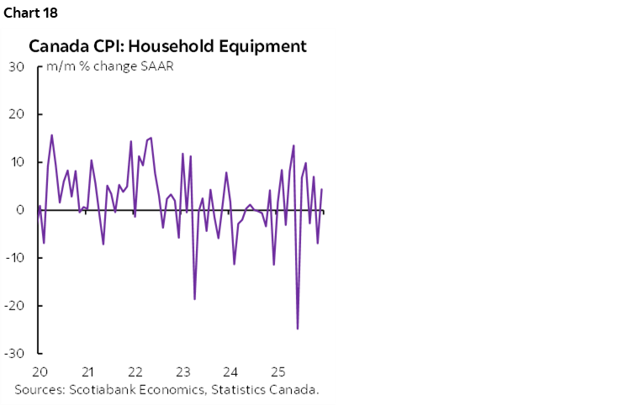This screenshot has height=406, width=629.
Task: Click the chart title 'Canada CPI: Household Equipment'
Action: click(x=167, y=46)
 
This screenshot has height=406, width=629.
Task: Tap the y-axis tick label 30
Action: click(x=16, y=66)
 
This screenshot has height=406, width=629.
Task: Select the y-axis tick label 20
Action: click(x=16, y=114)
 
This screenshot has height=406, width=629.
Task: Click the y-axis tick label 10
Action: click(x=17, y=162)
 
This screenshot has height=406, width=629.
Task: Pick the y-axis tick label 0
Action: click(x=20, y=210)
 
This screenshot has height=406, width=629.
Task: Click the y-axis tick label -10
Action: click(x=14, y=258)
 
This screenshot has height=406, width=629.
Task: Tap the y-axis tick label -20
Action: click(x=14, y=306)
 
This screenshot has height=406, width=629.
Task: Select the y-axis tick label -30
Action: click(x=14, y=353)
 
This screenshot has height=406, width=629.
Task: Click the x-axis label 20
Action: click(x=39, y=372)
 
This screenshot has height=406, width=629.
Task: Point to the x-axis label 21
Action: click(x=87, y=372)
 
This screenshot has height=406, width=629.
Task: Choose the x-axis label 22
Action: click(x=135, y=372)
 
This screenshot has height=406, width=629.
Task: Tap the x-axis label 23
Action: click(x=182, y=372)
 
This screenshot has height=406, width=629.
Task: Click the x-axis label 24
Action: click(x=230, y=372)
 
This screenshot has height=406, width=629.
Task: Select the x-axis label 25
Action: click(x=278, y=372)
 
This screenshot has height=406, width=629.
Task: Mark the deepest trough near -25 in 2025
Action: click(x=298, y=329)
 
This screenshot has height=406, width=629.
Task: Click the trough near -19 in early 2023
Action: click(x=194, y=298)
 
